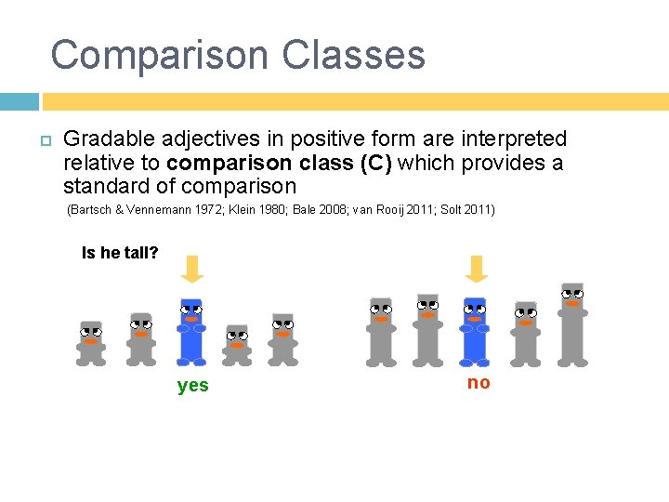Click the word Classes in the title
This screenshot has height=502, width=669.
[354, 56]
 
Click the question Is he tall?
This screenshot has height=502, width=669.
[120, 253]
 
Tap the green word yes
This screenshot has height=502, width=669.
[192, 385]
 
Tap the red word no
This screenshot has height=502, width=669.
[479, 383]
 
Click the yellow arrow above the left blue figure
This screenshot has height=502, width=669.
[191, 270]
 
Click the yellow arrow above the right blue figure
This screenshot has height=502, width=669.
[476, 270]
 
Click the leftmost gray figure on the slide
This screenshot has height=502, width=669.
[91, 342]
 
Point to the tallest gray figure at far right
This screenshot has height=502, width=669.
[572, 324]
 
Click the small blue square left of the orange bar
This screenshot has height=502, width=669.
[20, 101]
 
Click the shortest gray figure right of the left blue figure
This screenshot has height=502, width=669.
[237, 346]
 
